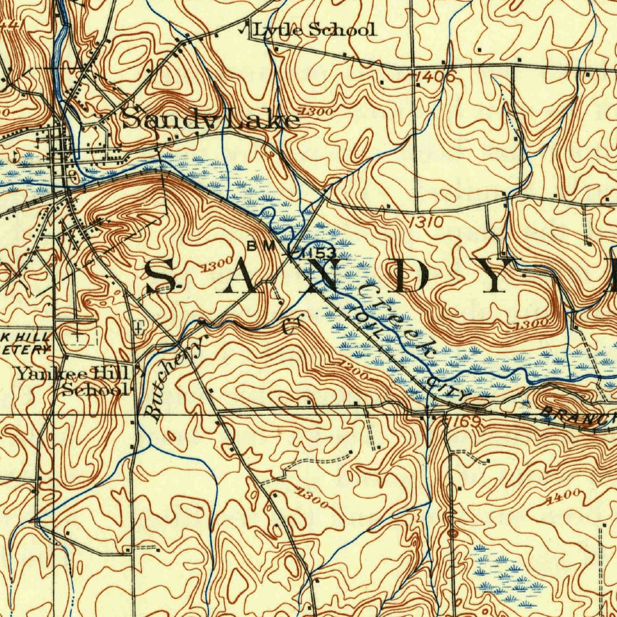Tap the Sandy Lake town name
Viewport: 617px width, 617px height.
pos(211,119)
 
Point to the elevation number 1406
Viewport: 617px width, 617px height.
pos(435,77)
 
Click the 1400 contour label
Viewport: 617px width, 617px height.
pos(563,496)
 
